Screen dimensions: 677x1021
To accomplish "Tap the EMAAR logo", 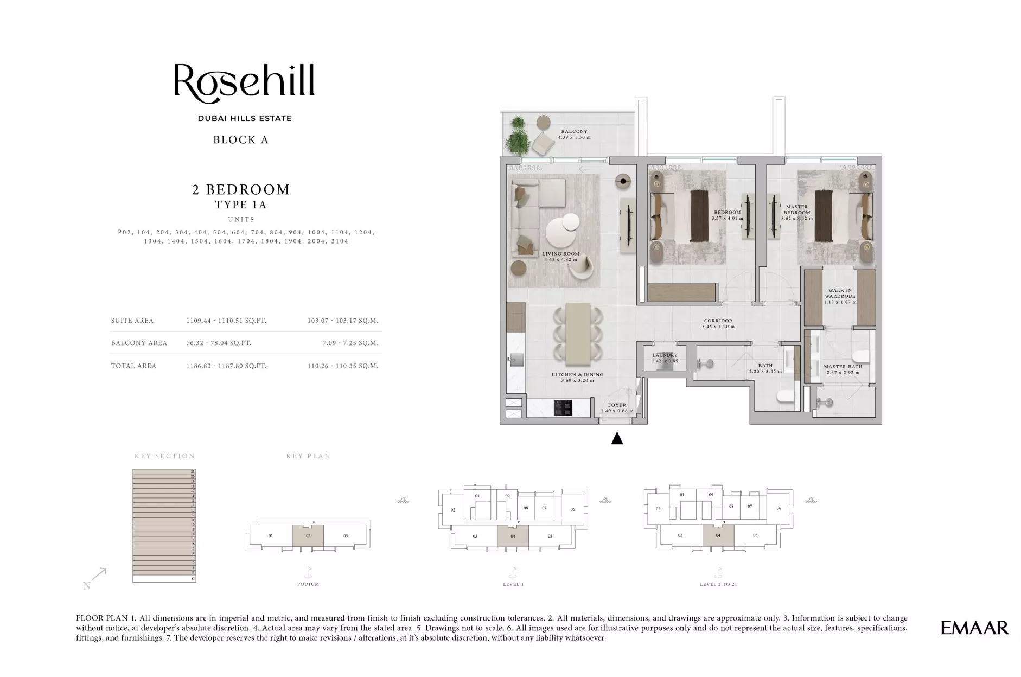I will [x=974, y=628].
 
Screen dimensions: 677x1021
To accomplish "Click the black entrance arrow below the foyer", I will [x=617, y=438].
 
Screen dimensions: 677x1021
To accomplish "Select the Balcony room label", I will [x=574, y=131].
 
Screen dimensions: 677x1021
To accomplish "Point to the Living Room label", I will [x=560, y=254].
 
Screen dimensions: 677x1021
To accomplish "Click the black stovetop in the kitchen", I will [x=563, y=408].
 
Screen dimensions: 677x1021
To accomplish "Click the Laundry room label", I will [x=665, y=355].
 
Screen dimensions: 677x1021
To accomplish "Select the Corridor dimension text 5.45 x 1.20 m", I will [x=718, y=327].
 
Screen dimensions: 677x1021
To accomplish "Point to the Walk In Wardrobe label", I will [x=840, y=293].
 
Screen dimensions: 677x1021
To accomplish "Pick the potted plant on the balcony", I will [x=517, y=136].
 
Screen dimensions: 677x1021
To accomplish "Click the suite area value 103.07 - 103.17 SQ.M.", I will [x=342, y=321].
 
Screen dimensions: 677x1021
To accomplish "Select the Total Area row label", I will [x=133, y=366].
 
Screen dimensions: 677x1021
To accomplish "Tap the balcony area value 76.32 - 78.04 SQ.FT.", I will [x=219, y=343].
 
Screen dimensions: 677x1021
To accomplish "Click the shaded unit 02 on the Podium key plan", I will [x=308, y=535].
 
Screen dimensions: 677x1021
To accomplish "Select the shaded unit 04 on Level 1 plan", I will [x=513, y=536].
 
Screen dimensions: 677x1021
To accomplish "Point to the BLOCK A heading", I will [x=240, y=140].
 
